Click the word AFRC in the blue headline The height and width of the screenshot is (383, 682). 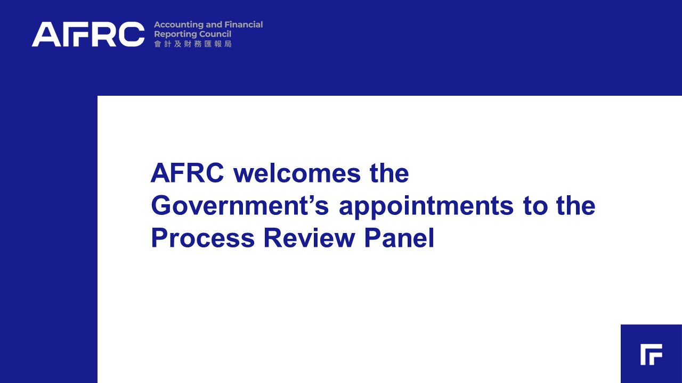click(x=187, y=173)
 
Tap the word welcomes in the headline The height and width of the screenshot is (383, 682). click(x=297, y=173)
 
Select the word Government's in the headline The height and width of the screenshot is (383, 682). click(x=240, y=206)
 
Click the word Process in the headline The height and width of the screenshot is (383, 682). click(x=203, y=238)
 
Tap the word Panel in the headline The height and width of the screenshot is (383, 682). click(x=399, y=238)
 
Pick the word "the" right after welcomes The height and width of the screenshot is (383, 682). click(x=389, y=173)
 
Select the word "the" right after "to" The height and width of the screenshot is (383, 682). click(x=576, y=206)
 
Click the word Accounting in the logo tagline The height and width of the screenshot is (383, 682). click(x=178, y=25)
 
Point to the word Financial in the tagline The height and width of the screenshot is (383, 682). click(x=243, y=24)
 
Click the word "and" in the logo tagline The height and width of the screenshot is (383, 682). click(x=214, y=24)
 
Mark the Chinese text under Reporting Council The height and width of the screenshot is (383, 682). click(x=193, y=44)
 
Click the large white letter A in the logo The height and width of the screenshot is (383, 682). click(x=46, y=34)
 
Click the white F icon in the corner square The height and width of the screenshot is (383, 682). click(x=651, y=354)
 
